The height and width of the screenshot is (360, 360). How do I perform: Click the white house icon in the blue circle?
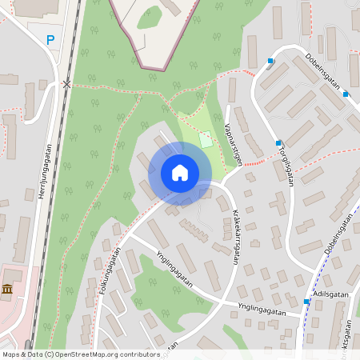179,173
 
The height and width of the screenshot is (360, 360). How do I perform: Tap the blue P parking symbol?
50,40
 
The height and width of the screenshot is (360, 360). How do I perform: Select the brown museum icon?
7,290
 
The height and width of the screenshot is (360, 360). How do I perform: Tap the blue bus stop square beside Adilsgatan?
306,302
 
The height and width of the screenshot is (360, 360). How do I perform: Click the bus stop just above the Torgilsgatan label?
278,144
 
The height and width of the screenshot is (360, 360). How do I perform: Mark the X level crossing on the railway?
67,83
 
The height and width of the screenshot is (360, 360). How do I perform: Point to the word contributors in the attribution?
136,354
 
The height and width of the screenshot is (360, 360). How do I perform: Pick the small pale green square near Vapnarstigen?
206,138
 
